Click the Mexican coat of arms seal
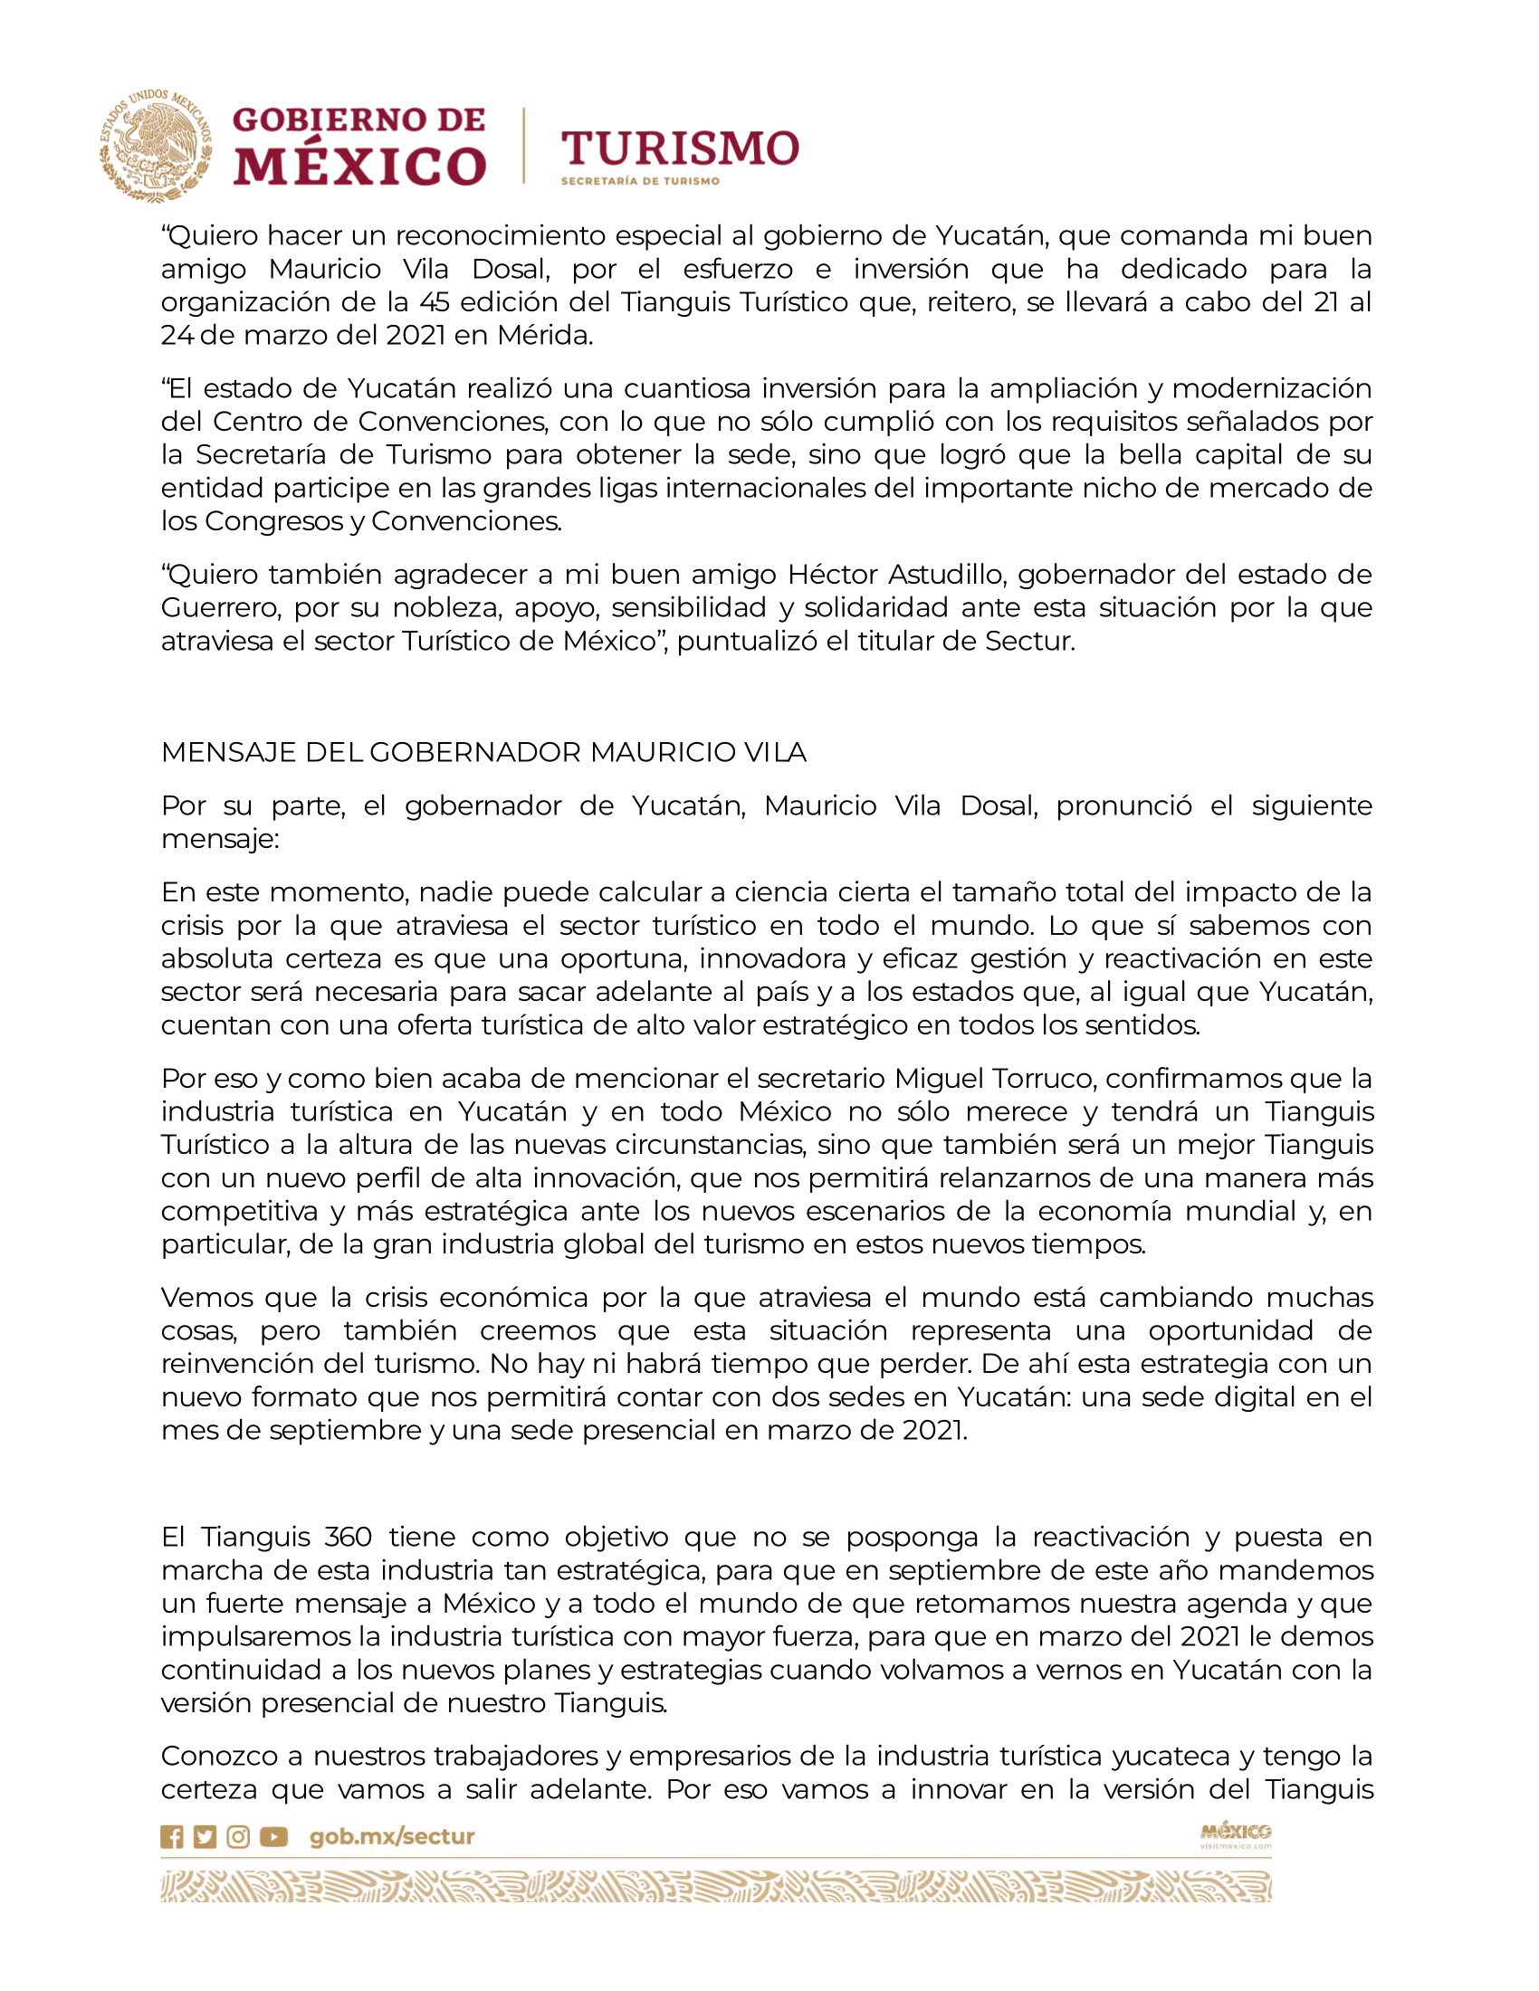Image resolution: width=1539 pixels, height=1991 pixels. tap(155, 146)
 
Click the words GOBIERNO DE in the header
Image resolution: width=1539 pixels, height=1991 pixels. tap(359, 119)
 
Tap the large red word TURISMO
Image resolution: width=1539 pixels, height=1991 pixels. tap(679, 148)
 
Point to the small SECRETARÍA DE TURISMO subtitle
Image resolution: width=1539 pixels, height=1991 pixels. tap(640, 181)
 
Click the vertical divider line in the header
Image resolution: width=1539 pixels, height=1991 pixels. tap(523, 146)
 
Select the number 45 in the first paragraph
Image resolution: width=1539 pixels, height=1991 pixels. tap(434, 301)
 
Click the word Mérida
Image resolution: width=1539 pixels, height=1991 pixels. tap(545, 336)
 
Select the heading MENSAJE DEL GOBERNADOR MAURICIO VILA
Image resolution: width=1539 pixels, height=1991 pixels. tap(483, 752)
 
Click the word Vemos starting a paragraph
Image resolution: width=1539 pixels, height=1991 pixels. tap(207, 1297)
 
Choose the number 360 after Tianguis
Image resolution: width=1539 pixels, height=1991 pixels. tap(349, 1537)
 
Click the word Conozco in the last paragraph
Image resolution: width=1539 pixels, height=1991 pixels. tap(232, 1756)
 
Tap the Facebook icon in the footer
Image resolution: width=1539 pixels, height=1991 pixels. tap(171, 1837)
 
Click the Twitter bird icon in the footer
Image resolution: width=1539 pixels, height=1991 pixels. tap(206, 1837)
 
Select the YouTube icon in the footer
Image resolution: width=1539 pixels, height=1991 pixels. tap(273, 1837)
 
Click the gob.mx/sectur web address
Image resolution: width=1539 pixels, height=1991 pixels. tap(392, 1837)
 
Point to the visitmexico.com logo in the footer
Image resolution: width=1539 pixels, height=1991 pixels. tap(1235, 1835)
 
